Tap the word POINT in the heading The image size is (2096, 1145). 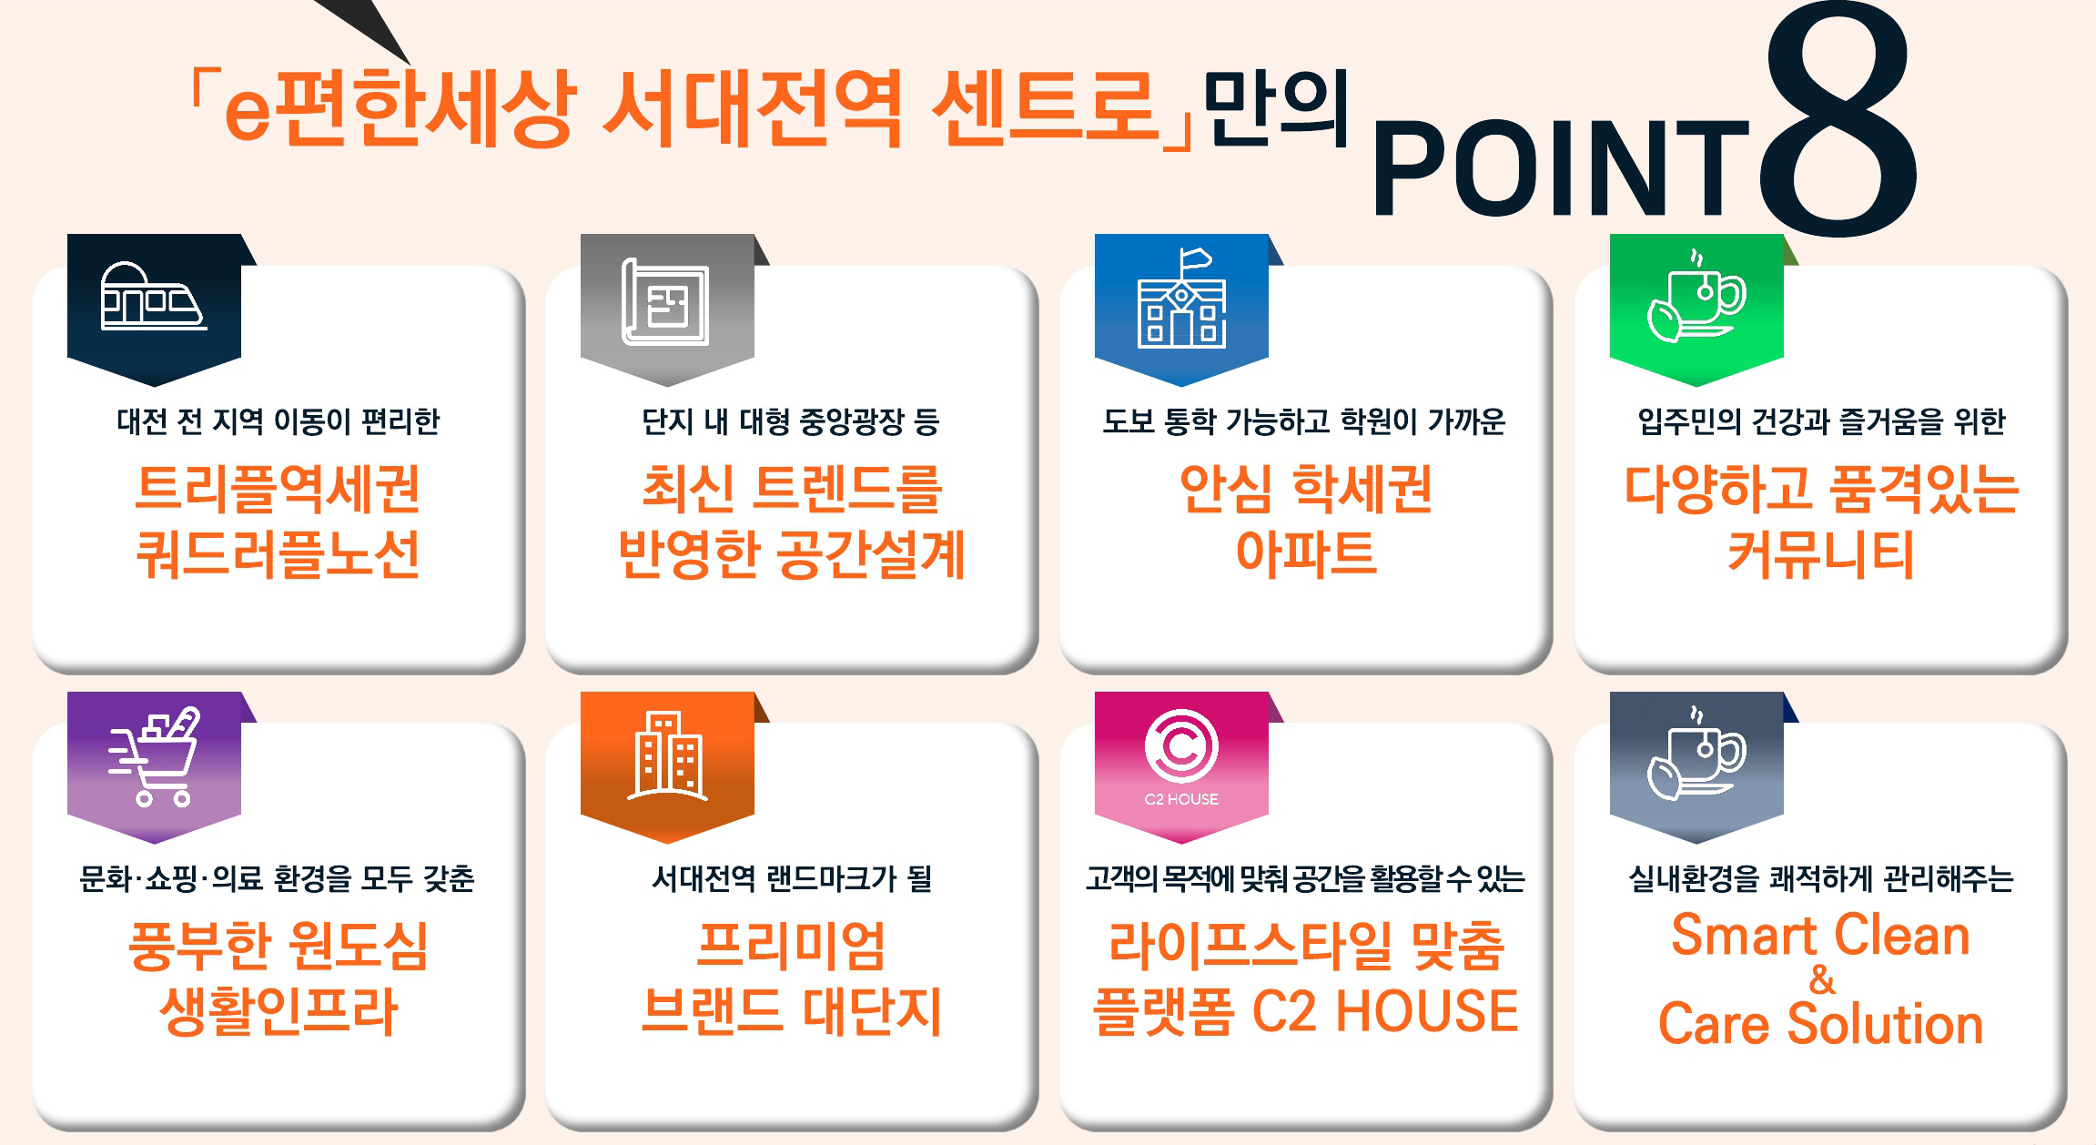point(1560,169)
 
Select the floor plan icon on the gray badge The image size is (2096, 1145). point(666,301)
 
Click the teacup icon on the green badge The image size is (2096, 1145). point(1696,297)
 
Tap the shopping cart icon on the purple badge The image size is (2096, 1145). point(154,756)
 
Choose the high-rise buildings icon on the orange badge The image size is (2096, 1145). point(667,755)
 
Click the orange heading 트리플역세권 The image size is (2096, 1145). point(278,489)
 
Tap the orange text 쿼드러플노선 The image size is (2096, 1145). point(278,553)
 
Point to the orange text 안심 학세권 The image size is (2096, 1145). point(1306,489)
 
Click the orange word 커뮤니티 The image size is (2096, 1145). point(1820,553)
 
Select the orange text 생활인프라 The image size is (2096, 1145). point(278,1010)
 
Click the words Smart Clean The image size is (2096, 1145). point(1820,935)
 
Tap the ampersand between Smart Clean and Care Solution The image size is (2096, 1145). point(1822,979)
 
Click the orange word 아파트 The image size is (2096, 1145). point(1306,553)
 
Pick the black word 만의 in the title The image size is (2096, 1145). point(1277,108)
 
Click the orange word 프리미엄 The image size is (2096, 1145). point(791,945)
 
